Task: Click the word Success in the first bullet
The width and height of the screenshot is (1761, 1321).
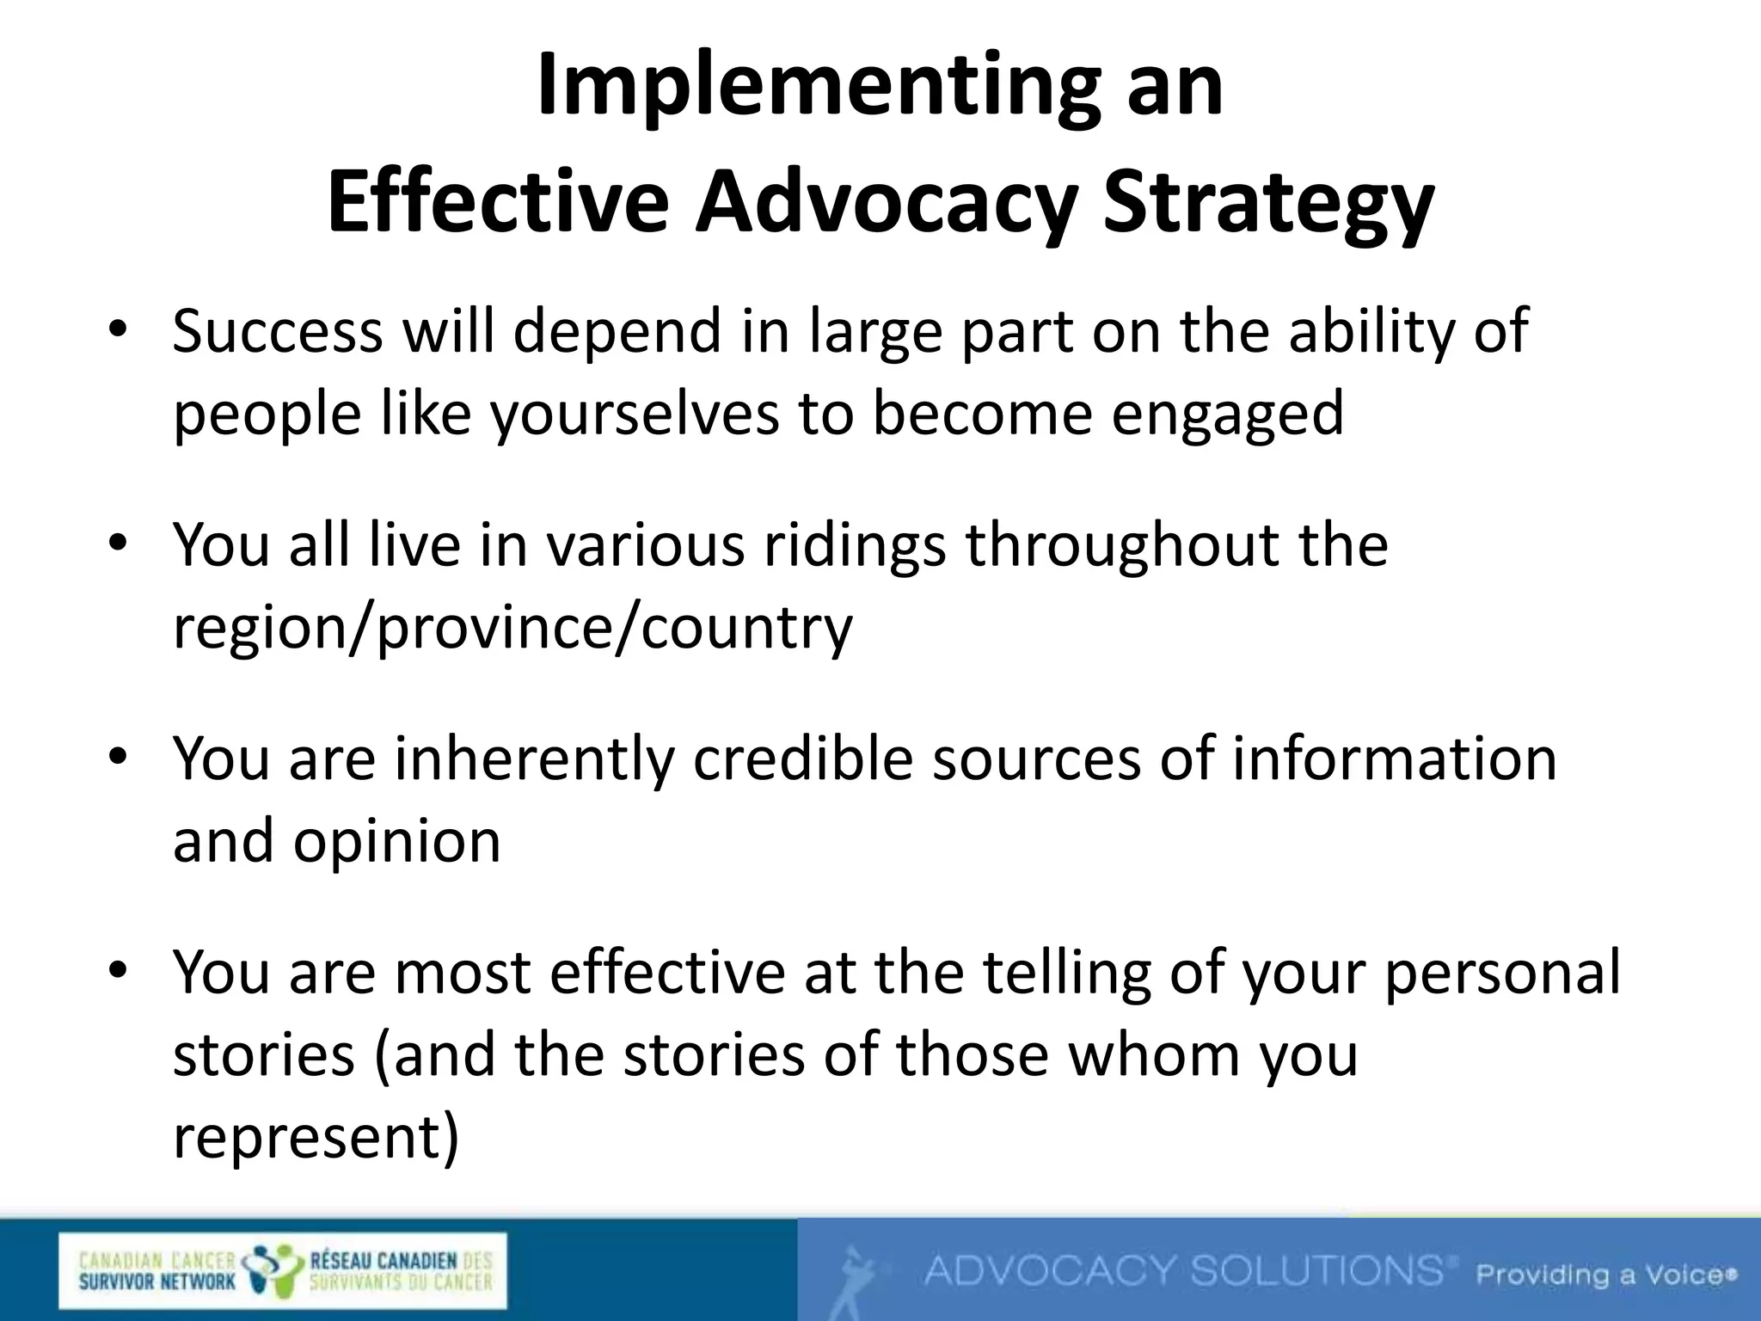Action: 277,331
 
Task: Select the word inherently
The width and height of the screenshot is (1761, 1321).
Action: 534,759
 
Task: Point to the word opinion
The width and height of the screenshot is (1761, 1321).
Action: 396,840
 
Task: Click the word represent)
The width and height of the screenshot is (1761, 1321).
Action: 316,1137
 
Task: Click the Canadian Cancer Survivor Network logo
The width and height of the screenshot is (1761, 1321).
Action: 283,1271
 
